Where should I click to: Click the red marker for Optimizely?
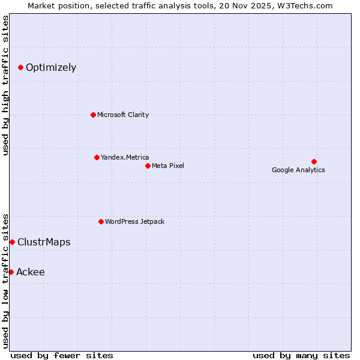coord(20,67)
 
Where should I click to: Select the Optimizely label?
coord(51,67)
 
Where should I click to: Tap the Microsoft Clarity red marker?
coord(93,115)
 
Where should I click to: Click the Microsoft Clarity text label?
coord(123,115)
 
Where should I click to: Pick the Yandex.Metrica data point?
coord(97,157)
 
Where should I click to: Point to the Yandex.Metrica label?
coord(125,157)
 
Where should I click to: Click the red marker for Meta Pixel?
coord(148,166)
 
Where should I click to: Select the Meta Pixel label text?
coord(168,166)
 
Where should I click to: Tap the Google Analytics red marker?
coord(314,161)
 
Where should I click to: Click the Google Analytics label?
coord(298,170)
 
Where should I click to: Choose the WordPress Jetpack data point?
coord(101,221)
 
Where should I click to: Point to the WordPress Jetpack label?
coord(134,221)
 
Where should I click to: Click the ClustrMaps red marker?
coord(12,242)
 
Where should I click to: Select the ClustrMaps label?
coord(44,242)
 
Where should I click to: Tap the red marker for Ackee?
coord(11,272)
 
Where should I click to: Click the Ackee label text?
coord(31,272)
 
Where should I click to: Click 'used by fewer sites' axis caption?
coord(62,355)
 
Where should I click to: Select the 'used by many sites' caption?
coord(301,355)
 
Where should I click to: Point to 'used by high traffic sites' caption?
coord(5,85)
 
